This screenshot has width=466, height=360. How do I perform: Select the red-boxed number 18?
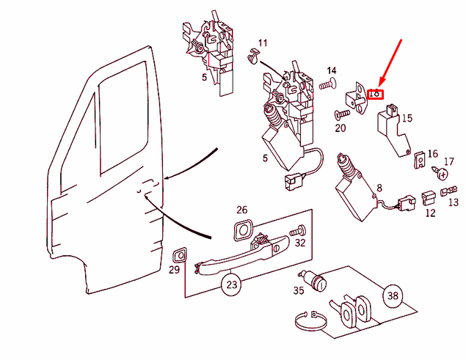pos(374,93)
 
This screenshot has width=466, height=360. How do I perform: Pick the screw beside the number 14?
pos(327,84)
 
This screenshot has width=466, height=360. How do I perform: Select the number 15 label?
pos(407,117)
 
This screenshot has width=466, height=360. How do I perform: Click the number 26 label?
pos(241,210)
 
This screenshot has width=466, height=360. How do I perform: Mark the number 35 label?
pos(298,290)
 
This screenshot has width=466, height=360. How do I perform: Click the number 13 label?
pos(453,202)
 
